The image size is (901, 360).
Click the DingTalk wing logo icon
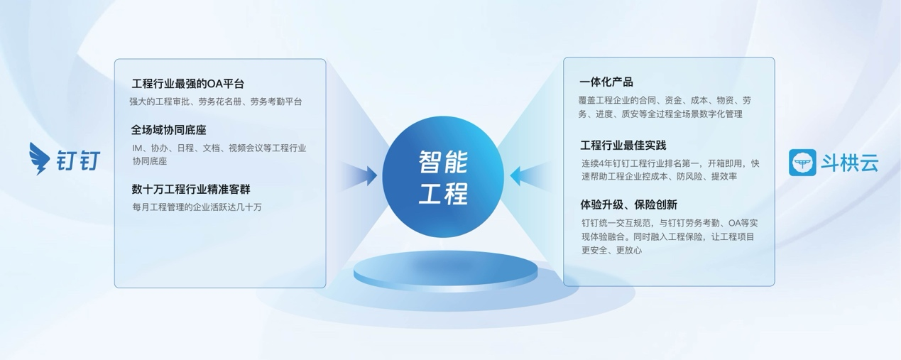(x=38, y=158)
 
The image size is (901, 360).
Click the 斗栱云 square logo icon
(x=802, y=162)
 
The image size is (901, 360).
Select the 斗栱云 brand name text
(x=851, y=163)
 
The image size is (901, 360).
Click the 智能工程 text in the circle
(x=443, y=178)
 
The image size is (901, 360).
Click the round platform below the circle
(x=445, y=271)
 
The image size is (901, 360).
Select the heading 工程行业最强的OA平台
(x=188, y=84)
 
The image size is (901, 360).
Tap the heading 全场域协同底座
(x=169, y=131)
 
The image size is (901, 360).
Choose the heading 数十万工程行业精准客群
(x=191, y=190)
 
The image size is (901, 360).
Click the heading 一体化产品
(x=606, y=82)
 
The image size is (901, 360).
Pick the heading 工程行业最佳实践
(x=623, y=146)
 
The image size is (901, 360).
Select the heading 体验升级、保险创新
(x=628, y=204)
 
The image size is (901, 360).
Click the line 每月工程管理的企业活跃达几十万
(x=197, y=207)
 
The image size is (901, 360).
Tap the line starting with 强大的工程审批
(x=216, y=102)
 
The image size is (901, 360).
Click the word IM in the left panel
(x=137, y=148)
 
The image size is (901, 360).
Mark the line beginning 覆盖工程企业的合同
(x=665, y=101)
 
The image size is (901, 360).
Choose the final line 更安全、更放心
(x=612, y=251)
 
